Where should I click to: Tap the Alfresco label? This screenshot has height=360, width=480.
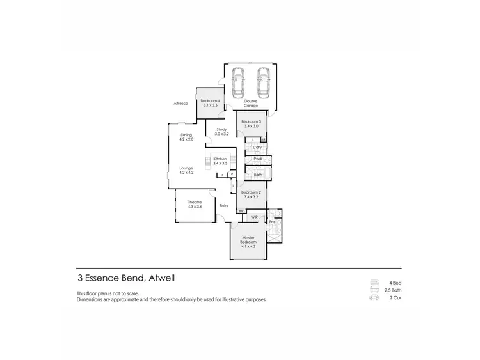click(x=179, y=103)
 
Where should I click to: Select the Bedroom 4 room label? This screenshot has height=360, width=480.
click(x=211, y=103)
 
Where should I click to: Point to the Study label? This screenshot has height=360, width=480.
click(x=221, y=132)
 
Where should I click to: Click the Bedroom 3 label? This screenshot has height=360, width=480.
click(x=251, y=124)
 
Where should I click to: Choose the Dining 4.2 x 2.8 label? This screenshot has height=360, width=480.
click(x=186, y=137)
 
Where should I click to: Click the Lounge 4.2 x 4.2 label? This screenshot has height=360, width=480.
click(x=186, y=170)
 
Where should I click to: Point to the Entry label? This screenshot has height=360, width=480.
click(x=223, y=205)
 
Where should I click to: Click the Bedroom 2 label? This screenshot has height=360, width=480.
click(x=251, y=194)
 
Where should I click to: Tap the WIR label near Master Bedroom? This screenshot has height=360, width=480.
click(x=254, y=217)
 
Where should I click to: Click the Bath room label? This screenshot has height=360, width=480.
click(x=257, y=174)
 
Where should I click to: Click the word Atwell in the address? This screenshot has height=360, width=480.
click(x=162, y=278)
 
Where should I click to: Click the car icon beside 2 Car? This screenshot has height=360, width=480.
click(x=374, y=297)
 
